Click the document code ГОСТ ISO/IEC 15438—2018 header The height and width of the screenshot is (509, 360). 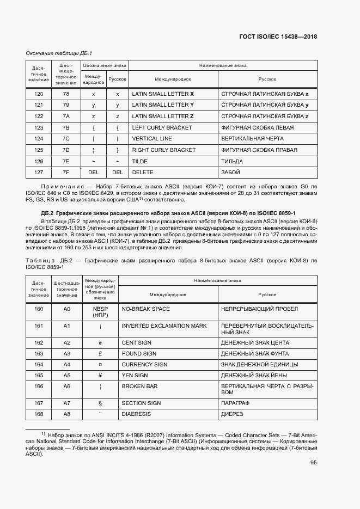coord(278,37)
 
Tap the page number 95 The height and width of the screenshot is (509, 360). coord(314,463)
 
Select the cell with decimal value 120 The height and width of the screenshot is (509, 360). coord(39,94)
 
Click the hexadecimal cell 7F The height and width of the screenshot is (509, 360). coord(66,172)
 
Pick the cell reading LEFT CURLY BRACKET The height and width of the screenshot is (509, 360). coord(162,127)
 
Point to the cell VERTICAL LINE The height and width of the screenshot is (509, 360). coord(152,139)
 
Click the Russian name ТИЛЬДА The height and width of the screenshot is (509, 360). coord(232,161)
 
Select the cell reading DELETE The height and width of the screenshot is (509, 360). coord(143,172)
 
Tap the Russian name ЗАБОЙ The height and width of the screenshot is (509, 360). coord(231,172)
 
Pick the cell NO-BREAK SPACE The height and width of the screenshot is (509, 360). coord(145,309)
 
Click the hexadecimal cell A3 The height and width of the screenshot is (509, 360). coord(67,353)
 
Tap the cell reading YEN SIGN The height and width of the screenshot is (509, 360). coord(135,376)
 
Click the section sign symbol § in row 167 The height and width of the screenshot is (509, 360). coord(100,403)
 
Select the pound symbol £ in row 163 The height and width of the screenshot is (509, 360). coord(100,353)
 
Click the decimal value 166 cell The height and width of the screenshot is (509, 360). coord(39,386)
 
